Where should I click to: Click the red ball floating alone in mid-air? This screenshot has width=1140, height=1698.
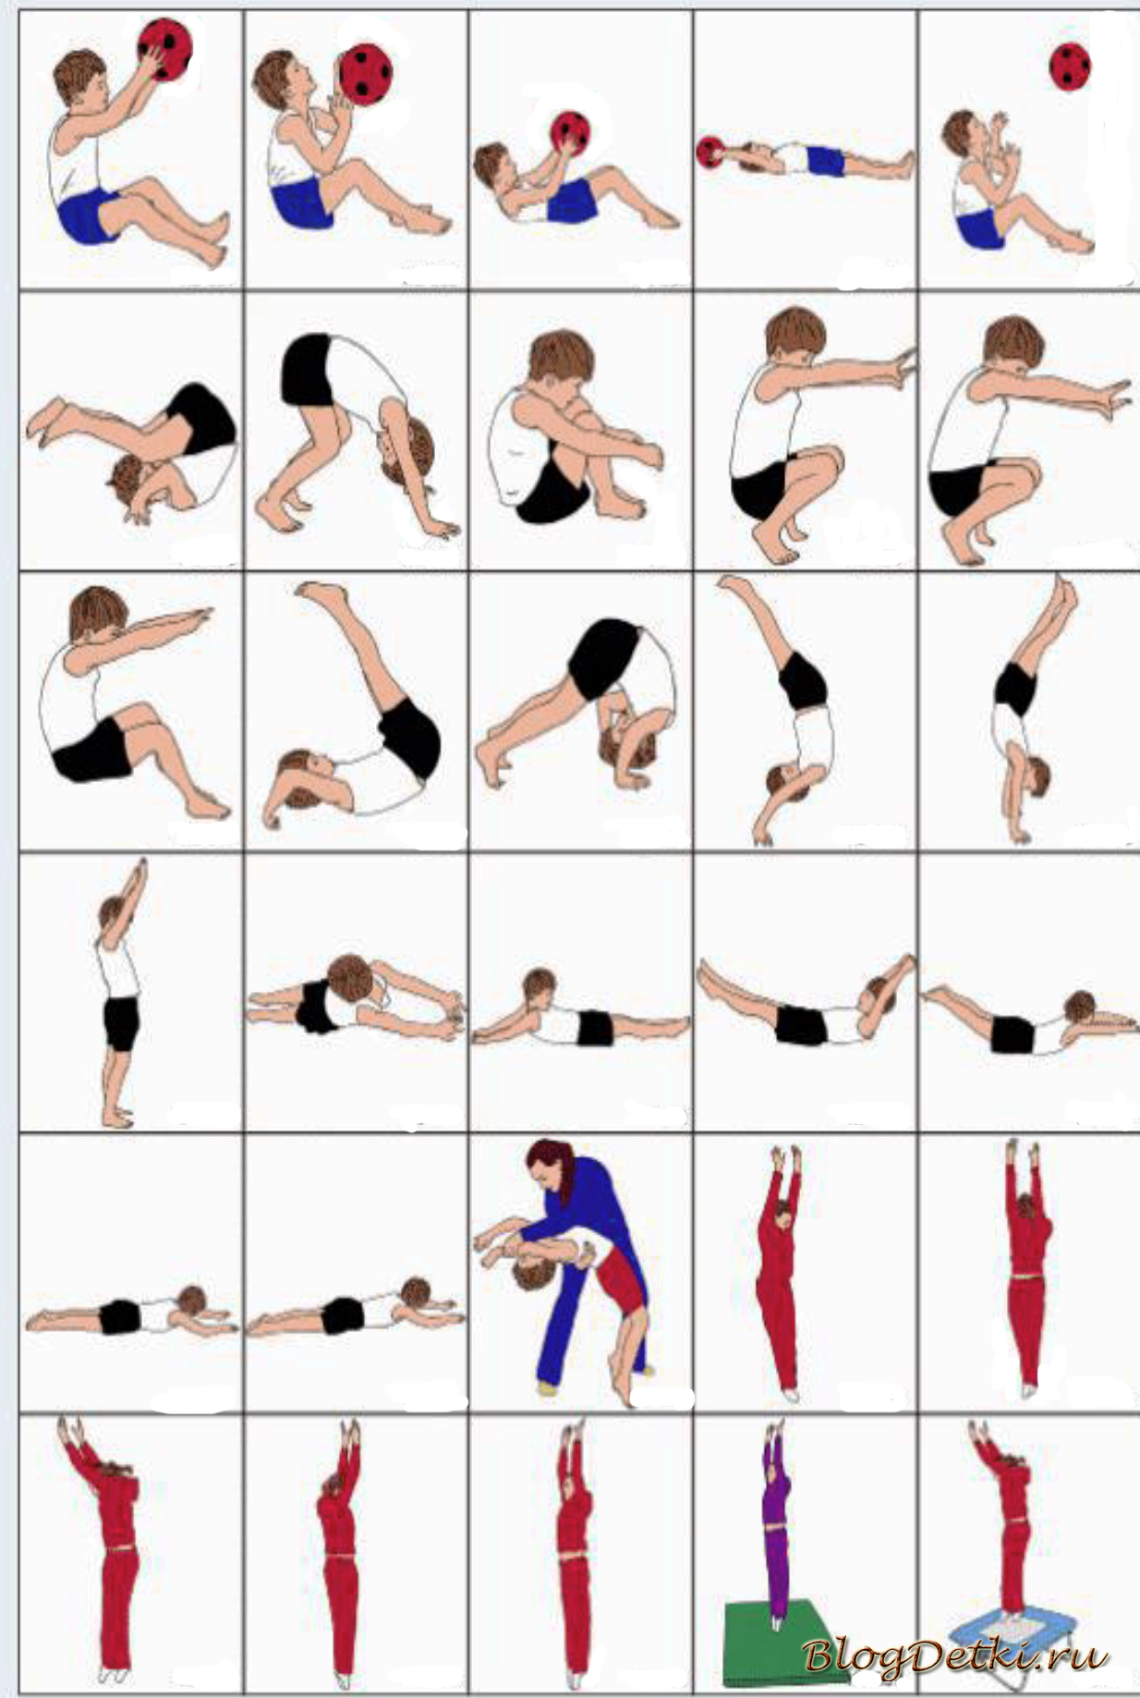click(1070, 67)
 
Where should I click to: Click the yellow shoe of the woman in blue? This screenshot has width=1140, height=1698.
click(547, 1386)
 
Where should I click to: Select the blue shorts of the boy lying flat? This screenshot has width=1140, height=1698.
click(825, 160)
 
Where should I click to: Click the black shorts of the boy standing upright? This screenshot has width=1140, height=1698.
click(121, 1023)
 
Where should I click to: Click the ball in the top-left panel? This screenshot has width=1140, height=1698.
click(166, 48)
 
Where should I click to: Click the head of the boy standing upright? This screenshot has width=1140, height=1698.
click(113, 917)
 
